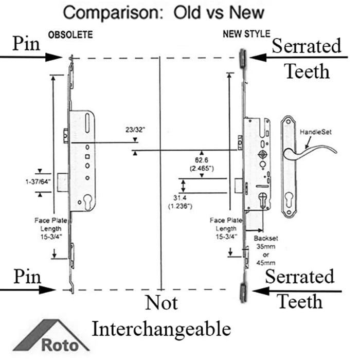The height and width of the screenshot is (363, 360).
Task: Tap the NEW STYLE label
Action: [x=246, y=34]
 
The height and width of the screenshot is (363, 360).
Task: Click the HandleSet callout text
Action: [x=316, y=132]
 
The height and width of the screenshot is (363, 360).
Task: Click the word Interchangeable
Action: [x=161, y=328]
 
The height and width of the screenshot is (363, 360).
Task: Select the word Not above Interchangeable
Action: [x=161, y=303]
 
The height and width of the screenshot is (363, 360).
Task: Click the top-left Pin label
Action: [x=26, y=43]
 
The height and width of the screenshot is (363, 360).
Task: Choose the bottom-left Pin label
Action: [x=27, y=278]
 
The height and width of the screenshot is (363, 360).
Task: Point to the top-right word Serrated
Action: [x=306, y=46]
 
